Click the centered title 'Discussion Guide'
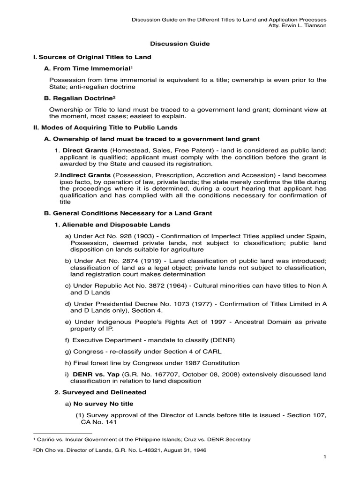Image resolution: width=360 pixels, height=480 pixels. [180, 44]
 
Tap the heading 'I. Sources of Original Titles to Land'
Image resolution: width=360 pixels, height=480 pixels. [92, 57]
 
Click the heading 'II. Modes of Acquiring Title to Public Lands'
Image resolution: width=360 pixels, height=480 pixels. [105, 127]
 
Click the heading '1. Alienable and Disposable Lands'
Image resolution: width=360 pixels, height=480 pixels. [112, 225]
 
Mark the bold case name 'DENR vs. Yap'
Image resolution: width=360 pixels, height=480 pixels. [93, 374]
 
